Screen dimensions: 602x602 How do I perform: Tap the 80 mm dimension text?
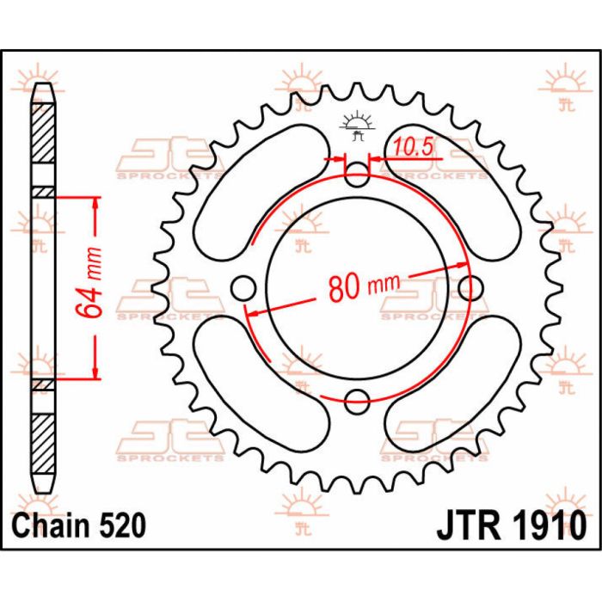tap(356, 287)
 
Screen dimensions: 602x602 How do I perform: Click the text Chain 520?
tap(77, 524)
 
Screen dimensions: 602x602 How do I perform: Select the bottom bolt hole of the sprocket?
tap(357, 398)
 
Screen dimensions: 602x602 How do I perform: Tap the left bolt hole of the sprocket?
tap(246, 287)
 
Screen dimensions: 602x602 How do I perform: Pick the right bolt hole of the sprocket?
tap(468, 287)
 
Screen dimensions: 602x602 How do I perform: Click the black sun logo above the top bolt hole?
tap(357, 125)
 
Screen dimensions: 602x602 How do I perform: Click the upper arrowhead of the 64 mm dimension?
tap(94, 203)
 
